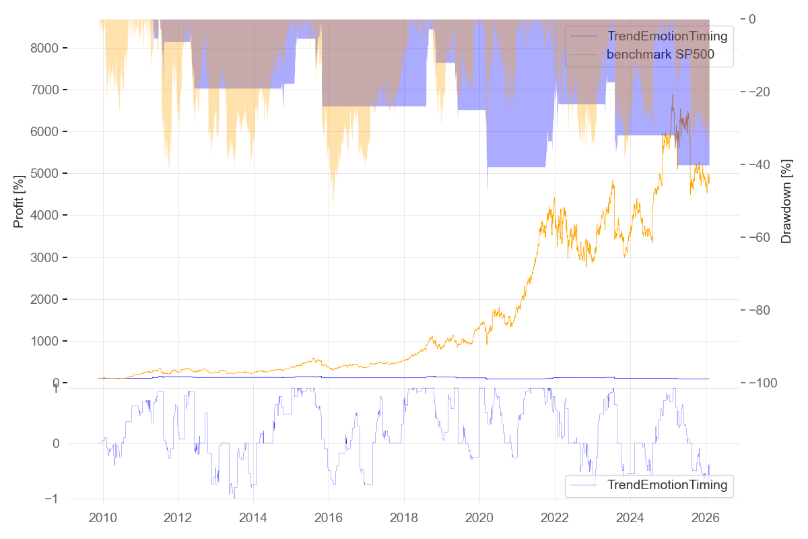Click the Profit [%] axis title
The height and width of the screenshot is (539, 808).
[x=19, y=201]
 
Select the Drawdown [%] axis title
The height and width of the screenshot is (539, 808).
[x=786, y=201]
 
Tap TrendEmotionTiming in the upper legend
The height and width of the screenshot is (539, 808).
[x=667, y=36]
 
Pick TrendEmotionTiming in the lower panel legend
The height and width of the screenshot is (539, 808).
[x=667, y=484]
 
